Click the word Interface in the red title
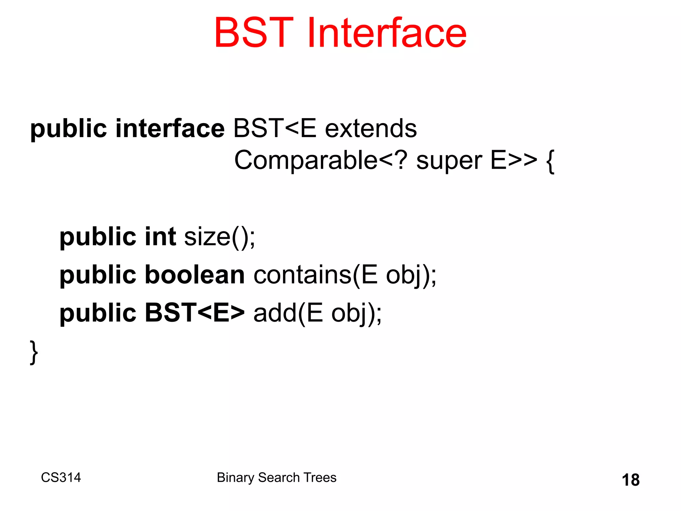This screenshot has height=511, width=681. [x=387, y=33]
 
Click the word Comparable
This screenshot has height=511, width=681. [x=306, y=160]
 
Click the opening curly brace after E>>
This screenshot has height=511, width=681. [x=550, y=161]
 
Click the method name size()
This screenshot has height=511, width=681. [x=219, y=237]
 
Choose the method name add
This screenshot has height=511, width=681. [x=275, y=313]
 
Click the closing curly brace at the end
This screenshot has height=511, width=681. [x=34, y=352]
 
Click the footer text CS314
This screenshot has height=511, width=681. [x=61, y=477]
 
